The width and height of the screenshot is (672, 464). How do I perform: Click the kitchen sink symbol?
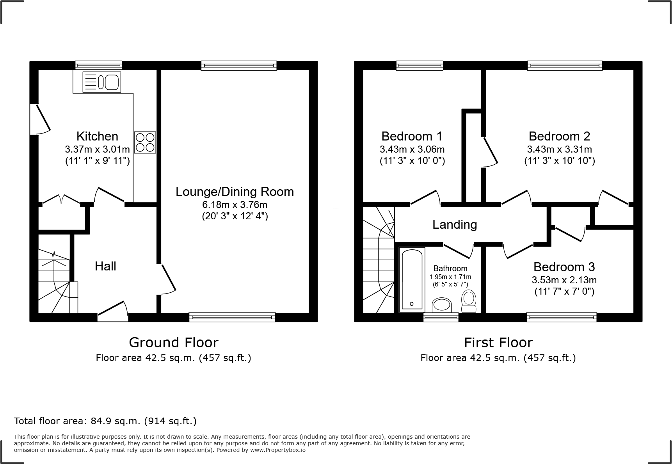(x=102, y=82)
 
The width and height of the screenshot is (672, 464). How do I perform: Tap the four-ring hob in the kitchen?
(x=145, y=142)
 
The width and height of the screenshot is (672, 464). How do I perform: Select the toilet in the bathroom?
(x=469, y=301)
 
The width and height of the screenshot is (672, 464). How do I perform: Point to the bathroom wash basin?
(x=442, y=305)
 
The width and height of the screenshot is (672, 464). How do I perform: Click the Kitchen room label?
(x=97, y=136)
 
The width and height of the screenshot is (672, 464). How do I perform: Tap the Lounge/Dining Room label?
(x=235, y=192)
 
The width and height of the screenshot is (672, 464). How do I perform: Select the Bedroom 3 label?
(x=564, y=267)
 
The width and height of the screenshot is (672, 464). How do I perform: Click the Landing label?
(x=455, y=224)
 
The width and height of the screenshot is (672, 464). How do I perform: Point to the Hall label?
(x=105, y=266)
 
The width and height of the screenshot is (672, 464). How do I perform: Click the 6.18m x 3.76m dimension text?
(x=235, y=205)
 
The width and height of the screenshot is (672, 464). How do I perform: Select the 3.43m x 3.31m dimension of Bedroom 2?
(x=559, y=149)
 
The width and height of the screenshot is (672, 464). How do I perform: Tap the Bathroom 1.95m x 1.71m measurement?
(x=450, y=277)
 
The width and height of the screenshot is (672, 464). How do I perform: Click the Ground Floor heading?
(x=173, y=342)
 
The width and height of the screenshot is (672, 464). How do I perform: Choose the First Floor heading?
(x=498, y=342)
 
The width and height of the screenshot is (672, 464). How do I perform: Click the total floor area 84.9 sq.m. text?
(x=105, y=421)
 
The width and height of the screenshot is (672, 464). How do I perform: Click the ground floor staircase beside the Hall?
(x=54, y=281)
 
